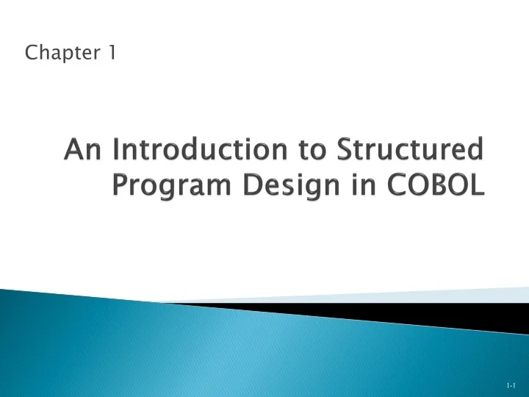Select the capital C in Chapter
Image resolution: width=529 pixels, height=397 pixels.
[x=31, y=53]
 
